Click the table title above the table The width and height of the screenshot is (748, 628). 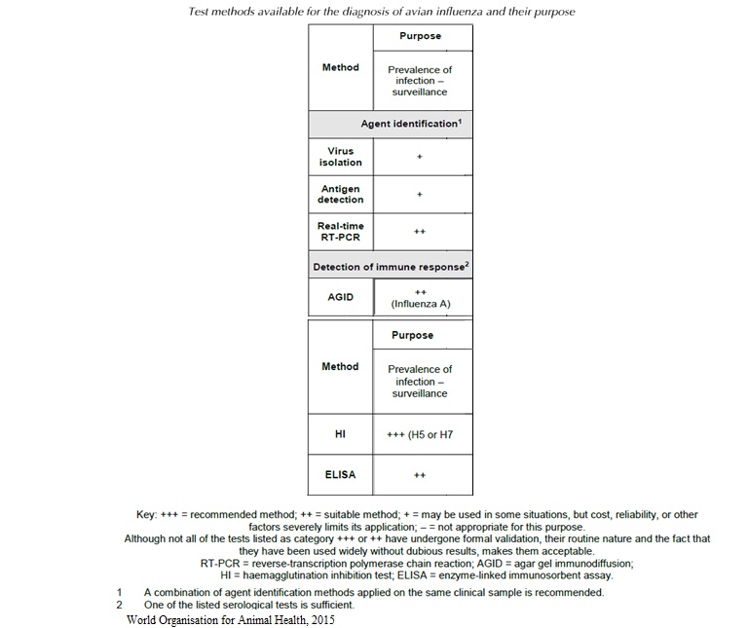[373, 12]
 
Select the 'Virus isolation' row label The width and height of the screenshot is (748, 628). [340, 157]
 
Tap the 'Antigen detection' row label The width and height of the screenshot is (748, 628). [340, 194]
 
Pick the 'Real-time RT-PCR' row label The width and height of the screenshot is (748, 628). [340, 231]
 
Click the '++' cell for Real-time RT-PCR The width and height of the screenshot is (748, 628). [420, 232]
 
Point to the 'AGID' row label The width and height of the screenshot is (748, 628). [340, 297]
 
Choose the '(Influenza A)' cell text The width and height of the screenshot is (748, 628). [420, 304]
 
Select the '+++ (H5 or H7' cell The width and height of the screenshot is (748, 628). [420, 434]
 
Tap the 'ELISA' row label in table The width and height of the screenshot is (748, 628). [340, 474]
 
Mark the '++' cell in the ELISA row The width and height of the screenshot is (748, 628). [420, 476]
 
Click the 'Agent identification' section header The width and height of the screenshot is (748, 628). [409, 125]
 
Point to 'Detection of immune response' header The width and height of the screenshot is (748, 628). [390, 267]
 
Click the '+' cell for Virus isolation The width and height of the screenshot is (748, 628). [420, 157]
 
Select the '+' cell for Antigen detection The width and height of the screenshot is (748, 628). [420, 194]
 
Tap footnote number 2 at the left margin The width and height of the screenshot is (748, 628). [119, 605]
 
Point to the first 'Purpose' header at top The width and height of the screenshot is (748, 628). [420, 36]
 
